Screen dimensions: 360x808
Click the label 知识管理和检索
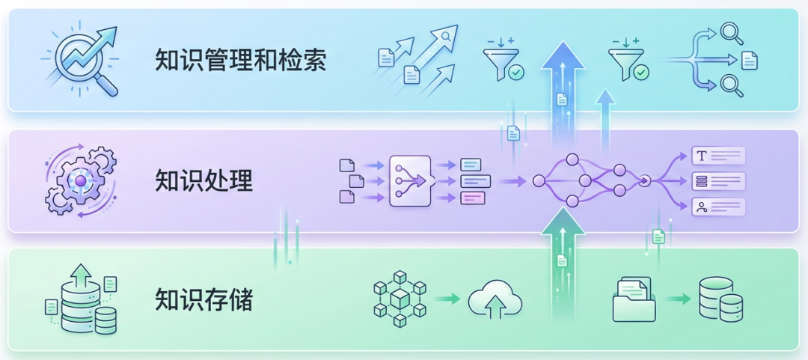240,60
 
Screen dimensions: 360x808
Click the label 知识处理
203,180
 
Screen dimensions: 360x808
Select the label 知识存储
203,299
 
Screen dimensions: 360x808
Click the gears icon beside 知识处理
81,181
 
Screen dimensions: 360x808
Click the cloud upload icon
495,300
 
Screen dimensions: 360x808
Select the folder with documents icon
633,299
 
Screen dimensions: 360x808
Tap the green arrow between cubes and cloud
447,299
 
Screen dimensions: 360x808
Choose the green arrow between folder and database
678,299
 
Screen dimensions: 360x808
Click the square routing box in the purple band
410,180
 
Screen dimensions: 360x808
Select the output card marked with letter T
718,156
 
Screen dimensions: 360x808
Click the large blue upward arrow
562,90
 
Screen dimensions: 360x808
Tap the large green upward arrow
562,262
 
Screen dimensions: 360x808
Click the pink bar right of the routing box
473,198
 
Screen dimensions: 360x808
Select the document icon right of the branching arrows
750,60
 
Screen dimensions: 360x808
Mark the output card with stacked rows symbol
718,181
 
